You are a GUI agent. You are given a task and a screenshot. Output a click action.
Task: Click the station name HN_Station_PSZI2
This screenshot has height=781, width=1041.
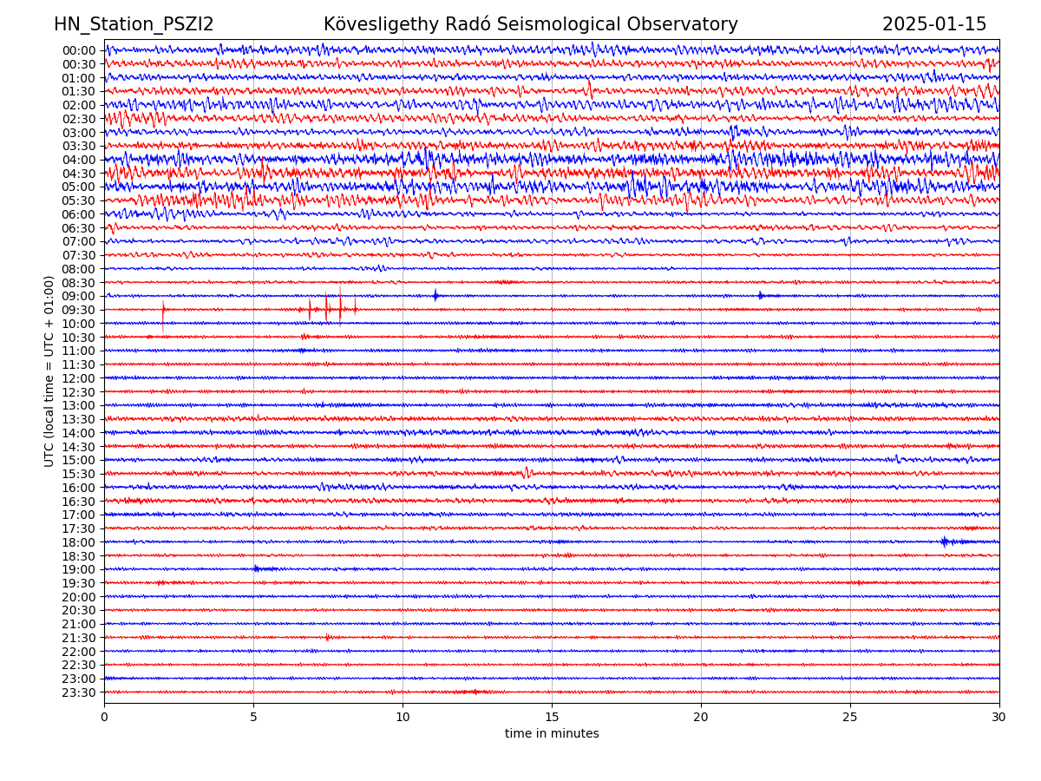click(x=134, y=24)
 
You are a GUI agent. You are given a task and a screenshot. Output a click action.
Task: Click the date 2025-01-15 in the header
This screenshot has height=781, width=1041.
click(x=934, y=24)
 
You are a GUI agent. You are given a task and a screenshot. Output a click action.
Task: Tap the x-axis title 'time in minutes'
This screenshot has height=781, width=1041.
click(x=552, y=734)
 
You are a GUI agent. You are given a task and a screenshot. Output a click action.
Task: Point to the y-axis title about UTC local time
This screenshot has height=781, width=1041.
click(x=49, y=371)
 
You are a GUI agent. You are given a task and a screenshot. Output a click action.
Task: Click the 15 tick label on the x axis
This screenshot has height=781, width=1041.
click(x=552, y=718)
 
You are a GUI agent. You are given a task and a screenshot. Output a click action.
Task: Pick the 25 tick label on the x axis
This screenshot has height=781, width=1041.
click(x=850, y=718)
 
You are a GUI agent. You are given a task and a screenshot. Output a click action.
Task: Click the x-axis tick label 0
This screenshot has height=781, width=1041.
click(x=104, y=718)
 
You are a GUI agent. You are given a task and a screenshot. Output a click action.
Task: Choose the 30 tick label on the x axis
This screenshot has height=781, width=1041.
click(x=999, y=718)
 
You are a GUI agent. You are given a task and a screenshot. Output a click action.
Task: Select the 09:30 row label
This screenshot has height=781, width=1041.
click(x=79, y=310)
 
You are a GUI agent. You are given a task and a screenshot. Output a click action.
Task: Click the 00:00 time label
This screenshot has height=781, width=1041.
click(x=79, y=50)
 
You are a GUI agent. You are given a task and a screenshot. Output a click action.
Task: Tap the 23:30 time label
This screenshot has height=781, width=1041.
click(x=79, y=692)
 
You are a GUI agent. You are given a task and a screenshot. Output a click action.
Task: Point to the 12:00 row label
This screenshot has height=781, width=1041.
click(x=79, y=378)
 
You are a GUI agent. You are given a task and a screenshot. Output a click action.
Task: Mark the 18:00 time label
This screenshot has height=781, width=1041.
click(x=79, y=542)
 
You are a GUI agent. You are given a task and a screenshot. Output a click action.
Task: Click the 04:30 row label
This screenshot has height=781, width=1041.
click(x=79, y=174)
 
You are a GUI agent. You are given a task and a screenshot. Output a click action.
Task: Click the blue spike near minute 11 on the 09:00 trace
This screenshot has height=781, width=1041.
click(x=435, y=296)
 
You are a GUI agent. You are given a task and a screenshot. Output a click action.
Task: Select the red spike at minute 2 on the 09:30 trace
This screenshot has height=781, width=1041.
click(x=163, y=310)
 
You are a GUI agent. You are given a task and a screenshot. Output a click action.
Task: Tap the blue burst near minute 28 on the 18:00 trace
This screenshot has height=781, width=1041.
click(x=945, y=541)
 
